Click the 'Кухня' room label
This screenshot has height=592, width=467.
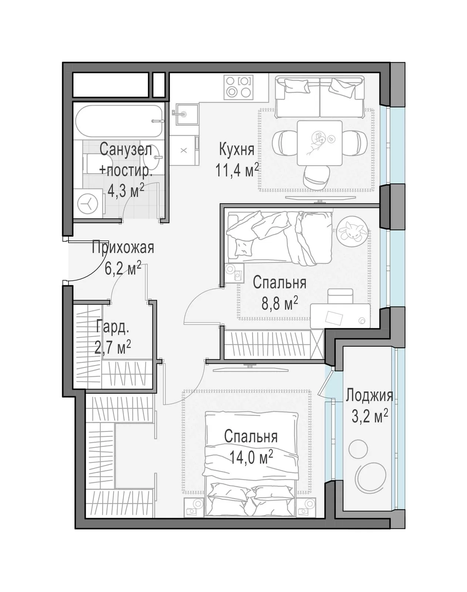236,150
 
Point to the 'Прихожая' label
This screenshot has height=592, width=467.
123,247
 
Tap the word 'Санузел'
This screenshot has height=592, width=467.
126,149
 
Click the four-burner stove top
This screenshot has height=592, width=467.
239,87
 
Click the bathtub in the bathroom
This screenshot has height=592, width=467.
119,121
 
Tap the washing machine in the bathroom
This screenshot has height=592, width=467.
88,204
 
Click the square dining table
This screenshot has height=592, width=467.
320,143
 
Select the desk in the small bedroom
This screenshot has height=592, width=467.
340,316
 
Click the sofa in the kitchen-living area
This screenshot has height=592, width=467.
320,97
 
